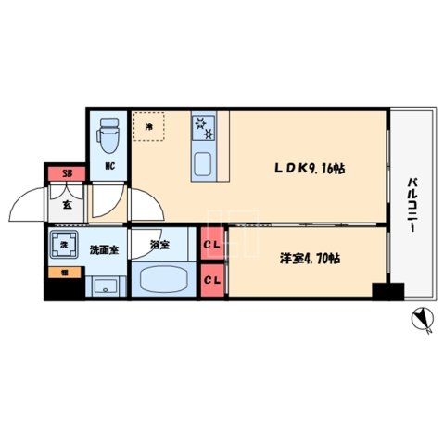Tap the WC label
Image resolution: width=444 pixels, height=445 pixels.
109,167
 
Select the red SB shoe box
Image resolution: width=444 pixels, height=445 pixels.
66,173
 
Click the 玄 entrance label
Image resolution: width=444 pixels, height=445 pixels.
67,206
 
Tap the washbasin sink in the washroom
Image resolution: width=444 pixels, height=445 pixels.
106,285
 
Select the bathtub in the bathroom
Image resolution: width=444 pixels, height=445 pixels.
163,279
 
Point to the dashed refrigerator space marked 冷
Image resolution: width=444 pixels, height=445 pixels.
148,127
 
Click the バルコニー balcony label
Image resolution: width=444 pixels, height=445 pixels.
410,203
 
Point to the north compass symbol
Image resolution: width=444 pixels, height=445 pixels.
422,321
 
